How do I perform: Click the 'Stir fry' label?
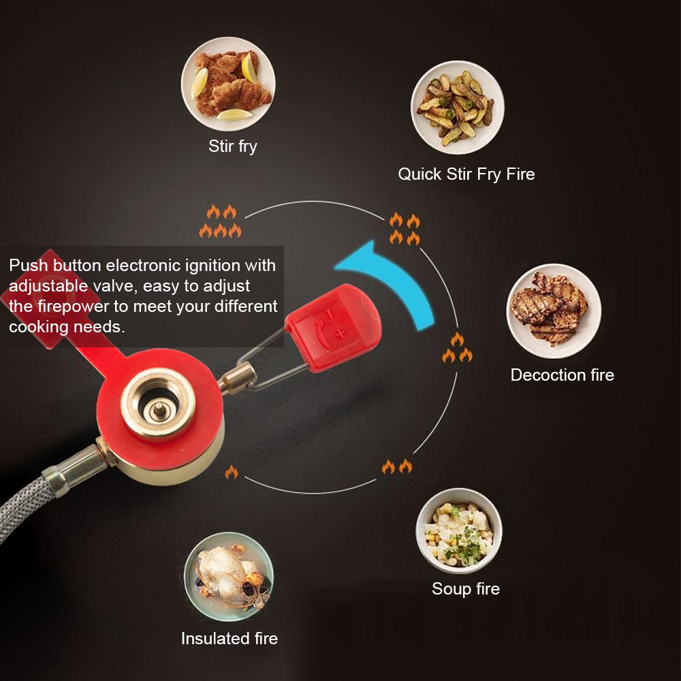tap(232, 146)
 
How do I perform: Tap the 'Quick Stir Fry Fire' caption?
tap(466, 174)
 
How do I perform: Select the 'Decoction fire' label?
tap(563, 375)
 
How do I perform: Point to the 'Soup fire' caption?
tap(466, 589)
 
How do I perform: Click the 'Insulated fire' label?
tap(229, 639)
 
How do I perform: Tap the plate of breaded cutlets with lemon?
tap(228, 84)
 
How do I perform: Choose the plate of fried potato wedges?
tap(458, 108)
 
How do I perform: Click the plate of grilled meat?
tap(554, 311)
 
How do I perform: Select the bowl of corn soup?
tap(459, 530)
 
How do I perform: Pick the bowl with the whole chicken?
tap(229, 577)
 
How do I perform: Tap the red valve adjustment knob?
tap(334, 328)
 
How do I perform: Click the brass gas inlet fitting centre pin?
tap(159, 409)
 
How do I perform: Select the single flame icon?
tap(232, 472)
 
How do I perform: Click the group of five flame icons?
tap(220, 221)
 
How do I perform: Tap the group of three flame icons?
tap(458, 347)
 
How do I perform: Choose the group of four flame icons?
tap(405, 229)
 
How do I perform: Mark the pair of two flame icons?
tap(397, 466)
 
